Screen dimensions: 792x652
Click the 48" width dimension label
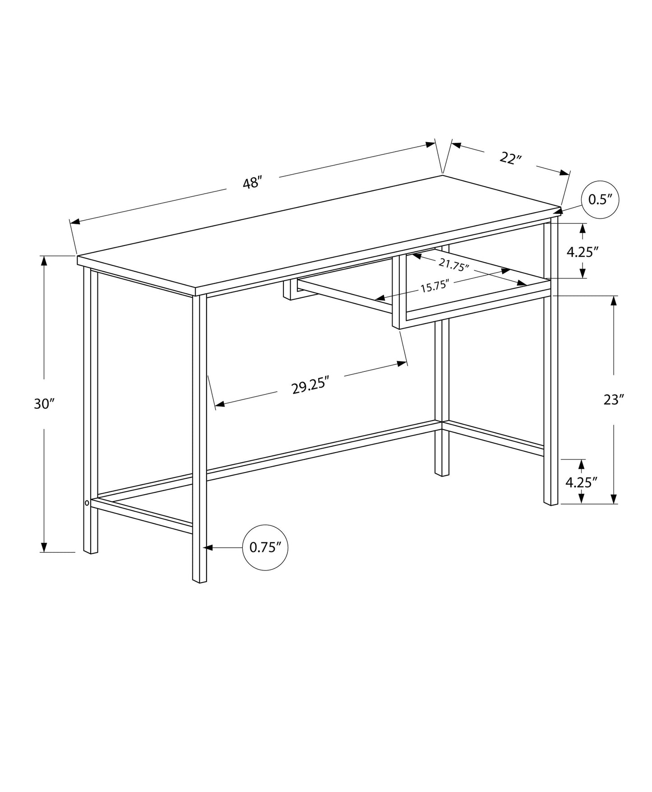pyautogui.click(x=252, y=183)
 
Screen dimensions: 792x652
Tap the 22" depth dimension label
pyautogui.click(x=511, y=158)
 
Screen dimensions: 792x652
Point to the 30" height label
pyautogui.click(x=44, y=404)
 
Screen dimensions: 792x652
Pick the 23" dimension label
pyautogui.click(x=614, y=400)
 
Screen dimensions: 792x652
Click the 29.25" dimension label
pyautogui.click(x=310, y=387)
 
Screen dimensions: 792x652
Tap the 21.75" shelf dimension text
pyautogui.click(x=454, y=265)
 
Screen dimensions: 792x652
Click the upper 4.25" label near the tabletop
pyautogui.click(x=582, y=252)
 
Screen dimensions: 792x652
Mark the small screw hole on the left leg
pyautogui.click(x=86, y=502)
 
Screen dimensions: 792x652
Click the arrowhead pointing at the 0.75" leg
pyautogui.click(x=208, y=547)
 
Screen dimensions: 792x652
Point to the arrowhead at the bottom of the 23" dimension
pyautogui.click(x=614, y=499)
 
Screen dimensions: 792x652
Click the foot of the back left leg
pyautogui.click(x=442, y=473)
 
